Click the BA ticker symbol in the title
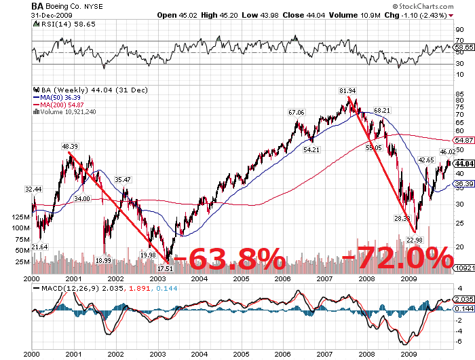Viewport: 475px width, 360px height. [38, 5]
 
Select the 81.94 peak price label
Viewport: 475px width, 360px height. [348, 90]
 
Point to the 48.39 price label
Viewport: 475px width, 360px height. [70, 146]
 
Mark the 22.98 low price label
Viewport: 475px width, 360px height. [414, 240]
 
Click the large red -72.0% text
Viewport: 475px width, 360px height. [398, 259]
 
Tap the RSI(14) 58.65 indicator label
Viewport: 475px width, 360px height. [57, 22]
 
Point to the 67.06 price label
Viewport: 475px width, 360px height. [297, 112]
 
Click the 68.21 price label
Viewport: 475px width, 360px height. [382, 110]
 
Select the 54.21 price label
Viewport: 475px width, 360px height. [312, 149]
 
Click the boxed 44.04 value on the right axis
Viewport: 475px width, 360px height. [463, 164]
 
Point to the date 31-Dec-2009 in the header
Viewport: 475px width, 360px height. [49, 14]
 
